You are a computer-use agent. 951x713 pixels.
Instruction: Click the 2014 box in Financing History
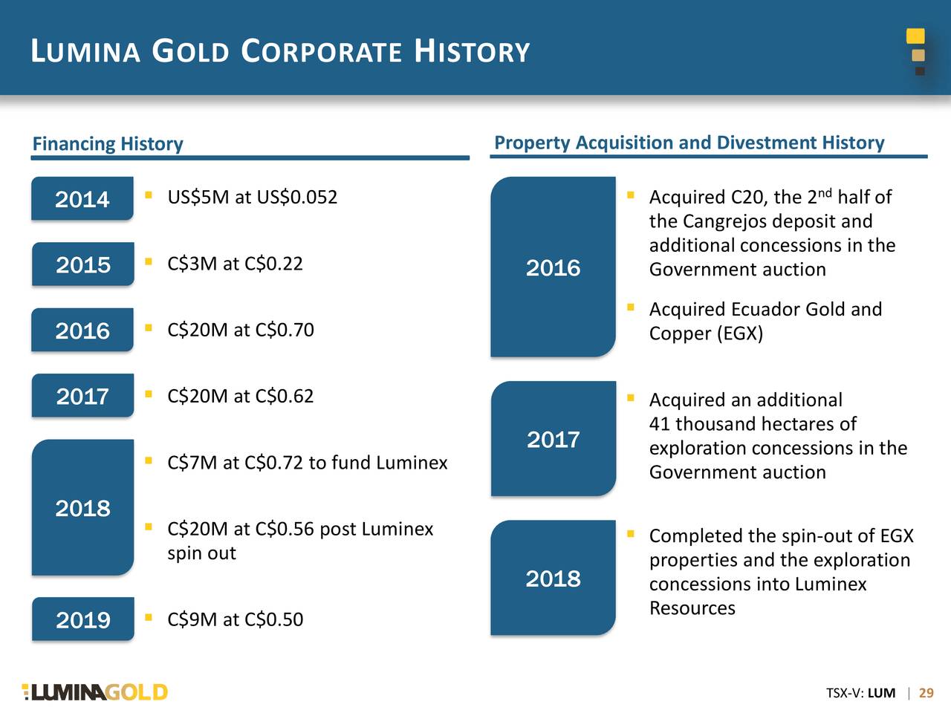tap(82, 199)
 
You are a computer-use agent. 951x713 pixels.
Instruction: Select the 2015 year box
tap(82, 264)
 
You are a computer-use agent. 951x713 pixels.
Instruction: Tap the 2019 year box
tap(82, 619)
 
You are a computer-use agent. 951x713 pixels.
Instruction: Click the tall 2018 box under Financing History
tap(82, 508)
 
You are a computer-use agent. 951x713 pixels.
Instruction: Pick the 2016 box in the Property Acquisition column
tap(553, 267)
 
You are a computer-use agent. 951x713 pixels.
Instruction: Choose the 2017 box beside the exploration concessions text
tap(553, 439)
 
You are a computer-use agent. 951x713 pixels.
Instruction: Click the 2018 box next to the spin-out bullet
tap(553, 578)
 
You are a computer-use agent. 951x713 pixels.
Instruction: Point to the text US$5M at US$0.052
tap(252, 198)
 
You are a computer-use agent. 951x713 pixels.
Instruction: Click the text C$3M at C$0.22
tap(235, 264)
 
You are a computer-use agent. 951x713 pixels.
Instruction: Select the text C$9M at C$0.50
tap(235, 619)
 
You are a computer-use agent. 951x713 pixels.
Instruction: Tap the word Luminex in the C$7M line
tap(412, 463)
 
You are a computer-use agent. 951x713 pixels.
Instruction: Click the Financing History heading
tap(108, 143)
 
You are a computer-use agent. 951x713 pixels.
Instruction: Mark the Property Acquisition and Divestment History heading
tap(689, 143)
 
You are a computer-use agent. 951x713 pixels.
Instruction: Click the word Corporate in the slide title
tap(322, 52)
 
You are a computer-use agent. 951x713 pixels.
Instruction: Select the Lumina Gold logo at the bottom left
tap(95, 692)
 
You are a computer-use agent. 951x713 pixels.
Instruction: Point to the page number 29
tap(926, 693)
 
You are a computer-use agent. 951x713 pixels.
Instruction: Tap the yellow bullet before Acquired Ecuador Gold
tap(630, 306)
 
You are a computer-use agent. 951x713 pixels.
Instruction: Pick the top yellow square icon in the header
tap(915, 36)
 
